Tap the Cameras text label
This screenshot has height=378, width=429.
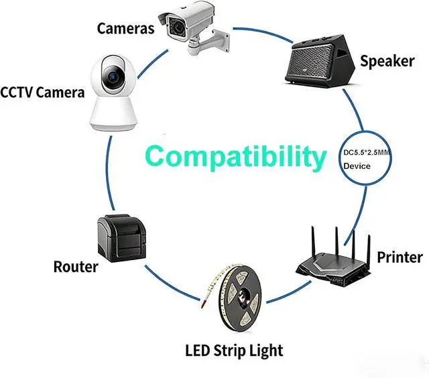tap(125, 29)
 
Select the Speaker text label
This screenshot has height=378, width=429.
tap(387, 61)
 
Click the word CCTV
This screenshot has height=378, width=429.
tap(18, 92)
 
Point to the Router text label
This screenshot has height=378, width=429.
tap(75, 267)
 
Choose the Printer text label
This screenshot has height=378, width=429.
tap(400, 257)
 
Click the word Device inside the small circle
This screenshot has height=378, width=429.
tap(357, 166)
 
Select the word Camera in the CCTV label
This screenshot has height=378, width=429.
tap(61, 92)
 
